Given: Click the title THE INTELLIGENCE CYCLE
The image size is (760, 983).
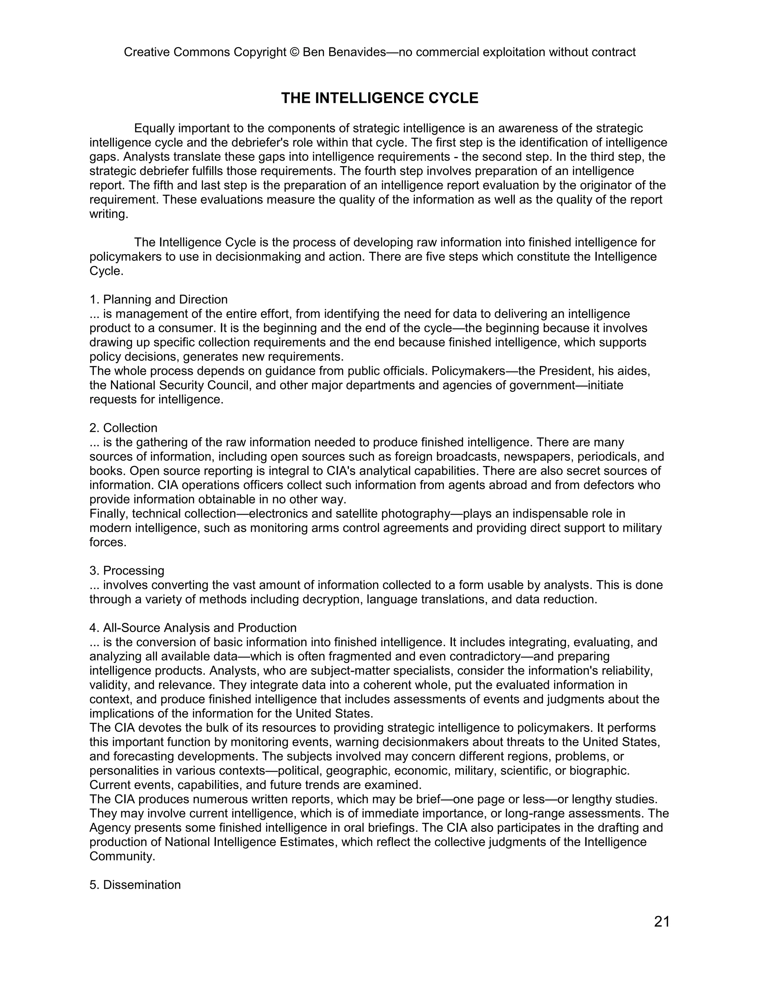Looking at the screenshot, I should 380,98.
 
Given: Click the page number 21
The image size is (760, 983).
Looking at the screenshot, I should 661,921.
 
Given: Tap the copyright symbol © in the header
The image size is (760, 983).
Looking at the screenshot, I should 294,52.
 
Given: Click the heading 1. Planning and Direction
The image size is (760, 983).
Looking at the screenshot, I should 158,299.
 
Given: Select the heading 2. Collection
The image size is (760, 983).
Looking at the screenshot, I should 123,428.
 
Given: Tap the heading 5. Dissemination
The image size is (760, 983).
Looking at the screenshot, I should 135,884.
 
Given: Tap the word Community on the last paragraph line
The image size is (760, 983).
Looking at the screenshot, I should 122,856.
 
